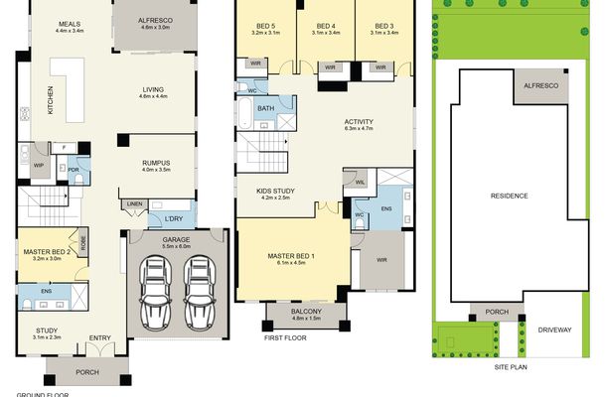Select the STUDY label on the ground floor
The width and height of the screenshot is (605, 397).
46,331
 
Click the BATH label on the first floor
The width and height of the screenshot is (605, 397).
265,108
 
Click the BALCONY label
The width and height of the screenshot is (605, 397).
306,313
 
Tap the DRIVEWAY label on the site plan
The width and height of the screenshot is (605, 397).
553,330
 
